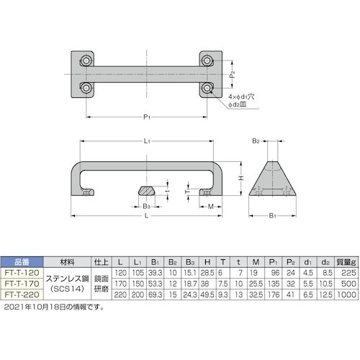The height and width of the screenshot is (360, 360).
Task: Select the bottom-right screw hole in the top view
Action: [208, 89]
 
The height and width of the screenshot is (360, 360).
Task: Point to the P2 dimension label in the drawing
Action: [232, 75]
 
